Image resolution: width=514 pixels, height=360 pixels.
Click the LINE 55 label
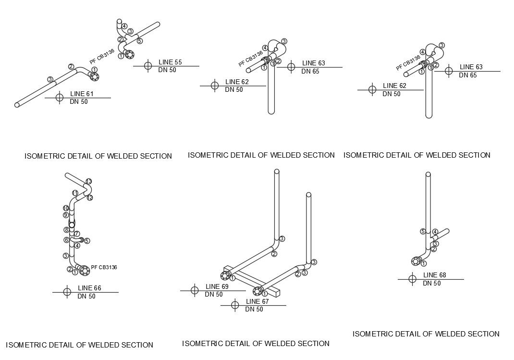coord(170,62)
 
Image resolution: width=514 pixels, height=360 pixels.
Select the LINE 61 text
coord(82,93)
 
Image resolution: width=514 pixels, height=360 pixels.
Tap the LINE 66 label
coord(89,288)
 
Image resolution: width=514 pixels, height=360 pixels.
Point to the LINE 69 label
coord(217,286)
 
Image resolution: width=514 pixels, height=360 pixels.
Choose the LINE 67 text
coord(257,301)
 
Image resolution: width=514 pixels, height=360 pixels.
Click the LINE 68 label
coord(434,275)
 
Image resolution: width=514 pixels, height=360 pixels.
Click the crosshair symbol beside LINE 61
coord(60,98)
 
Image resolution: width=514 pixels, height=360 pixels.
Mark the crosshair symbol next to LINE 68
coord(412,279)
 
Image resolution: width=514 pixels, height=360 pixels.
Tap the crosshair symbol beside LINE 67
coord(235,305)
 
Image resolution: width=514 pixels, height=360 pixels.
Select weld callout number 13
coord(89,181)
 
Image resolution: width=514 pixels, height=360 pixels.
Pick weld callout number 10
coord(66,208)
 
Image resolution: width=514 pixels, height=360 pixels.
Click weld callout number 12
coord(89,198)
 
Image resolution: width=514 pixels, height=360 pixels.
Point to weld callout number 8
coord(67,230)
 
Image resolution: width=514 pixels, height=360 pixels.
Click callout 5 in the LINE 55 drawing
coord(140,41)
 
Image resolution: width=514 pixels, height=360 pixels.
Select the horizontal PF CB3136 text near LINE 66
coord(104,267)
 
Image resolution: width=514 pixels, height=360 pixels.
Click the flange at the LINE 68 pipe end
coord(416,261)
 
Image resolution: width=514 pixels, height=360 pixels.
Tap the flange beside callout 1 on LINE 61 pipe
coord(94,76)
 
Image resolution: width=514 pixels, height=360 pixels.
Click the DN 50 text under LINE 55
coord(167,70)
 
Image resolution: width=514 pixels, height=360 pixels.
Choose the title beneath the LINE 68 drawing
coord(426,334)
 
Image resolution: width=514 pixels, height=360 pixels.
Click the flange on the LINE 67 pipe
coord(258,291)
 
